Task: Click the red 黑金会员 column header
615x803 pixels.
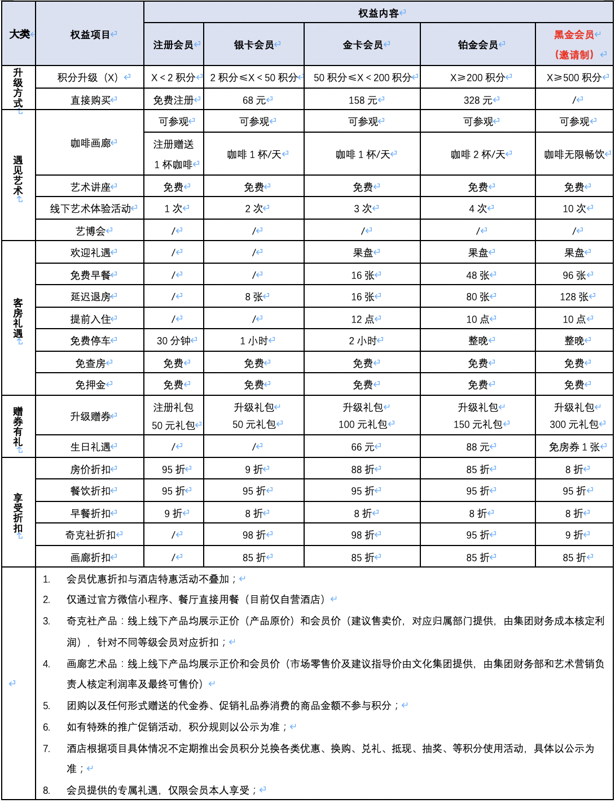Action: coord(574,35)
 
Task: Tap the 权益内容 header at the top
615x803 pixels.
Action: coord(378,13)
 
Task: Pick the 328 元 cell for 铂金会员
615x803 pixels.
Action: coord(477,100)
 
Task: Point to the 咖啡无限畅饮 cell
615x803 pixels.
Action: coord(574,154)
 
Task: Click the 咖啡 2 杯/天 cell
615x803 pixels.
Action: coord(477,154)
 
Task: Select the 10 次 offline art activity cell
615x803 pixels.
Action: coord(574,208)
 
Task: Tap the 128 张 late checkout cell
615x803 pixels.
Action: coord(574,296)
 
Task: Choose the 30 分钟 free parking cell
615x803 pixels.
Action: coord(174,341)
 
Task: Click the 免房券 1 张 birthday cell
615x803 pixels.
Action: coord(574,447)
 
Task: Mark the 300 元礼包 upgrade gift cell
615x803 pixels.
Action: coord(574,424)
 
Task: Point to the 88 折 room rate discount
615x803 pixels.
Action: coord(362,469)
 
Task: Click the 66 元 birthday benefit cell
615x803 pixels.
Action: coord(362,447)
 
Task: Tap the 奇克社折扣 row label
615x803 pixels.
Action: coord(90,535)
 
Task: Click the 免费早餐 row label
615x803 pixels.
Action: coord(90,275)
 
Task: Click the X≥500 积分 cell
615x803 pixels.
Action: coord(574,77)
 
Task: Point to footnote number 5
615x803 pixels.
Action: coord(46,705)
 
